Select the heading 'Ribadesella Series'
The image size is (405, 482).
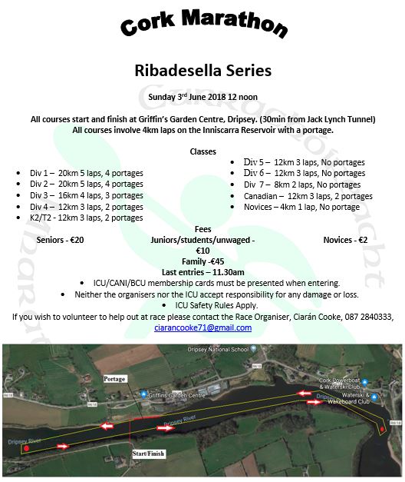click(x=202, y=71)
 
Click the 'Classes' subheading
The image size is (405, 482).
click(x=202, y=151)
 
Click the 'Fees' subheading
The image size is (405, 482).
click(x=202, y=229)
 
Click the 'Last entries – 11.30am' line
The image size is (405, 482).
click(x=203, y=273)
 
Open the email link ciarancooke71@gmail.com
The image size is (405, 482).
click(x=203, y=327)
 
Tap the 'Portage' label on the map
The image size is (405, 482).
click(x=114, y=380)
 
